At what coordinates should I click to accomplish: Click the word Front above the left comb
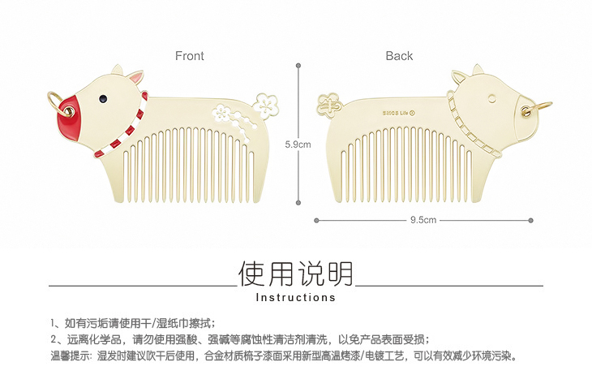[190, 56]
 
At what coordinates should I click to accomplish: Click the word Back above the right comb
[399, 56]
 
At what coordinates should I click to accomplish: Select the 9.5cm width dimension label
[423, 220]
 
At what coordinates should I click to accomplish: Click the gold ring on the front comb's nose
[53, 101]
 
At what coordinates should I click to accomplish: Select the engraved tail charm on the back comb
[329, 103]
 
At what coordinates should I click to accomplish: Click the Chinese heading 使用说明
[296, 274]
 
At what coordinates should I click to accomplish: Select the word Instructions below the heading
[296, 298]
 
